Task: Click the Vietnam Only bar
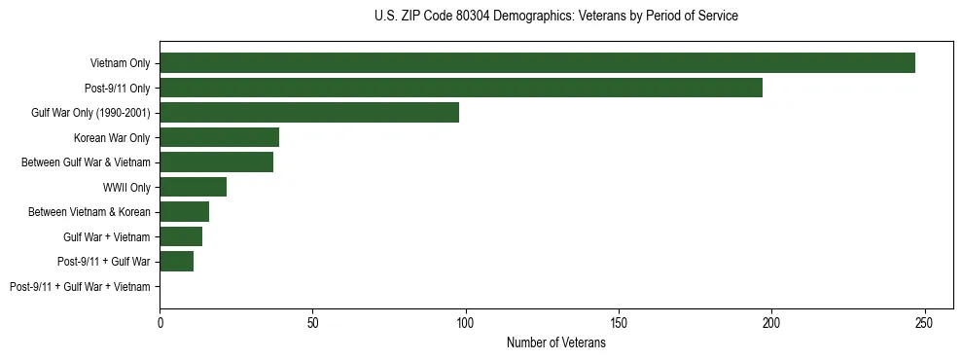pos(537,63)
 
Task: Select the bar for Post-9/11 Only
pos(461,88)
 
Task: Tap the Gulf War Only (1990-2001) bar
pos(309,113)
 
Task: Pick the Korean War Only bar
pos(219,137)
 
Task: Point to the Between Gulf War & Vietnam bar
pos(216,162)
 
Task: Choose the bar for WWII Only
pos(193,187)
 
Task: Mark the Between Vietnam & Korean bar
pos(184,212)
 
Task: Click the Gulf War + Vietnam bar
pos(181,236)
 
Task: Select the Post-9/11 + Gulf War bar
pos(176,262)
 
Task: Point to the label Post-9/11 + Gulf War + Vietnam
pos(80,286)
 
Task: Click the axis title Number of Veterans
pos(555,342)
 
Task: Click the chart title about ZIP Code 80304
pos(555,17)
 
